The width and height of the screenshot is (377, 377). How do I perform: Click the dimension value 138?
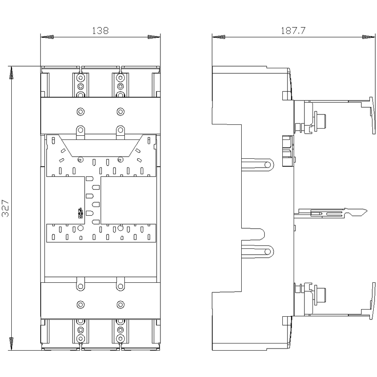click(101, 31)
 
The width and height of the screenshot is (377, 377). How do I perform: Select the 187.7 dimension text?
click(293, 31)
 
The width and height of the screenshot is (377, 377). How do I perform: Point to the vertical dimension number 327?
click(5, 208)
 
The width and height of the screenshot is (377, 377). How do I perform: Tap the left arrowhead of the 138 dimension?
click(47, 37)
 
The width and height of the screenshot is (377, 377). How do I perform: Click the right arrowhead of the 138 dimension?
click(154, 37)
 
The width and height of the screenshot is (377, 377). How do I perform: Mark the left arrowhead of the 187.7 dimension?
click(219, 37)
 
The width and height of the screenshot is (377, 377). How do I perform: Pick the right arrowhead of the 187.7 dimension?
click(368, 37)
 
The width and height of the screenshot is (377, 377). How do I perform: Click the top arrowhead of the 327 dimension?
click(11, 72)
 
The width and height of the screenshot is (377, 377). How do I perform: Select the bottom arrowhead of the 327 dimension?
click(11, 343)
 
